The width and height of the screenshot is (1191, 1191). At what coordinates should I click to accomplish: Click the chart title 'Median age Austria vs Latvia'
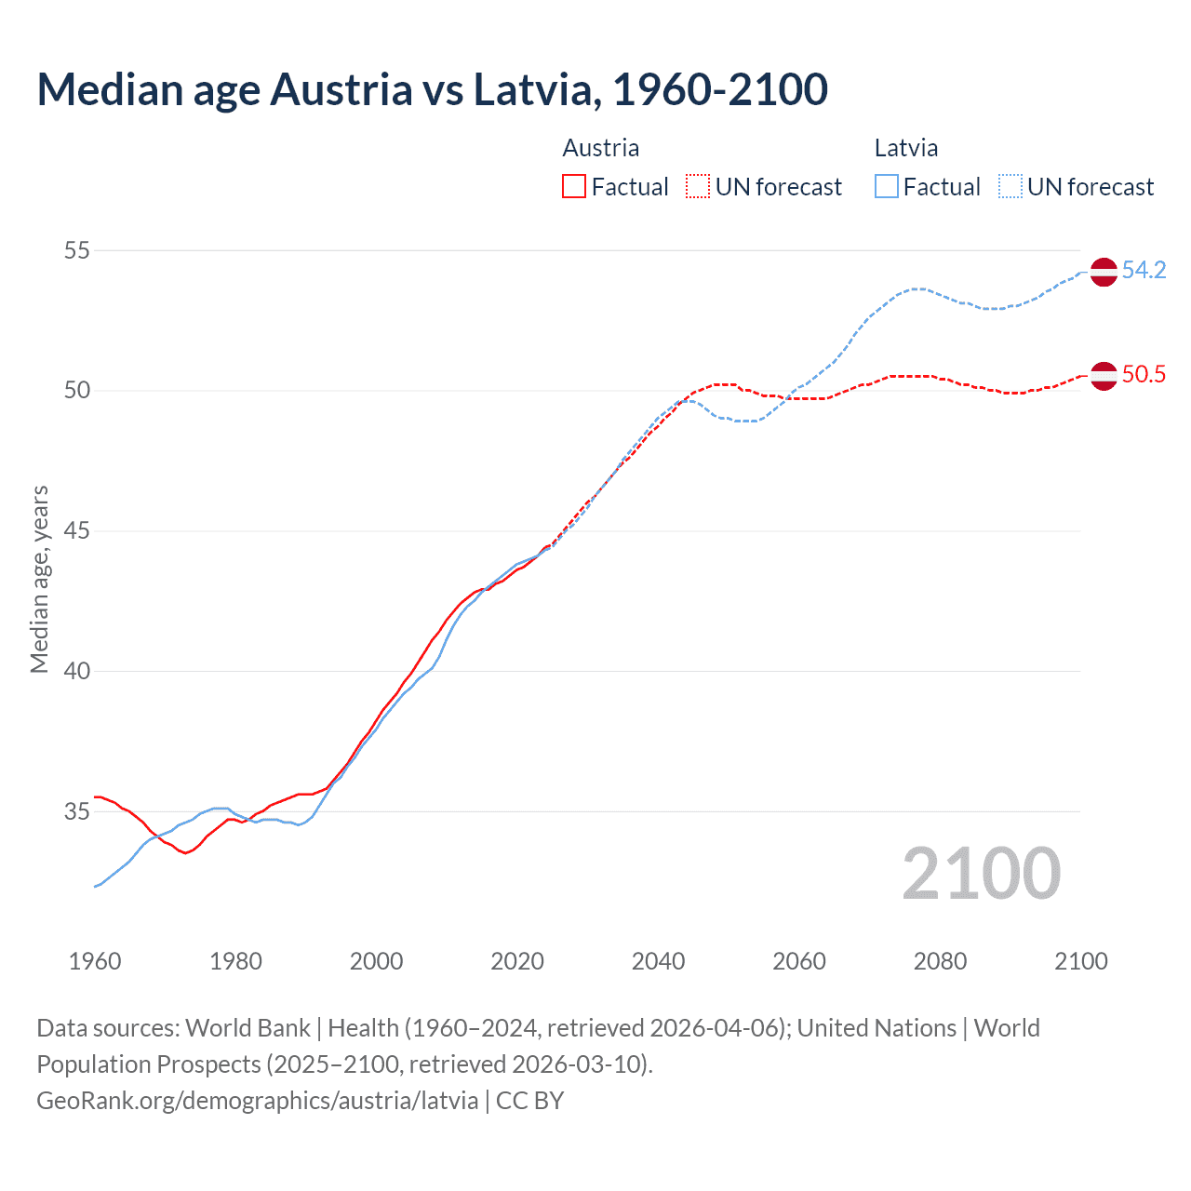(432, 90)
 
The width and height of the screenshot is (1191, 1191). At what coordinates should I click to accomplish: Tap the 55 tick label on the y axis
(77, 250)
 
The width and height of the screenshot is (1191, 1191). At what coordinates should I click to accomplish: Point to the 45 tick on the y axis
(77, 531)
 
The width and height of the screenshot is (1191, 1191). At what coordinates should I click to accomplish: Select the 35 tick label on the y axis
(77, 811)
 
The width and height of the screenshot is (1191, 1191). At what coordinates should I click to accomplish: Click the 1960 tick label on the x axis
(95, 961)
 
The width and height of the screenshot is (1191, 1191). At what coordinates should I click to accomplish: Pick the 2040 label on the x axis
(658, 961)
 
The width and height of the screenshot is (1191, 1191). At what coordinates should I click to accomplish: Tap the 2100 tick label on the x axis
(1080, 961)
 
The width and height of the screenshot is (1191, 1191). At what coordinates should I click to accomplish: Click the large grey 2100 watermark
(981, 874)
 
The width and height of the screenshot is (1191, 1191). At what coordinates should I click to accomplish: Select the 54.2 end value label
(1144, 271)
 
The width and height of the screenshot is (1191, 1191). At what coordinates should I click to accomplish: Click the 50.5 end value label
(1144, 375)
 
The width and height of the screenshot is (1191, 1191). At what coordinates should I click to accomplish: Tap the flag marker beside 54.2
(1104, 272)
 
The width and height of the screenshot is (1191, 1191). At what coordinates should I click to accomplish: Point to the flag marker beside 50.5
(1104, 376)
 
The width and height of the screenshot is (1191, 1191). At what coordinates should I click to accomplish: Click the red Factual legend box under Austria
(574, 187)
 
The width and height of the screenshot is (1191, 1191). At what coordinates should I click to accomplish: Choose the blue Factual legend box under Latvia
(887, 187)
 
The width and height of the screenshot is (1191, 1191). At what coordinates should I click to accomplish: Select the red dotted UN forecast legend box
(698, 187)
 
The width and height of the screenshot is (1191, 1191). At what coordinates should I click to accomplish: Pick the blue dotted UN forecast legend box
(1010, 187)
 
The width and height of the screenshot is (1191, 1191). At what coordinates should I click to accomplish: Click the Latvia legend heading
(905, 148)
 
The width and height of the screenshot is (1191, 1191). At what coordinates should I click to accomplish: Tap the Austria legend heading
(600, 148)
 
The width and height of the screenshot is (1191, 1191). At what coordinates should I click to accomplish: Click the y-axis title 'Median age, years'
(39, 579)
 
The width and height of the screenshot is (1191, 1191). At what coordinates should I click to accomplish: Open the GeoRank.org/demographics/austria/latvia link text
(257, 1101)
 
